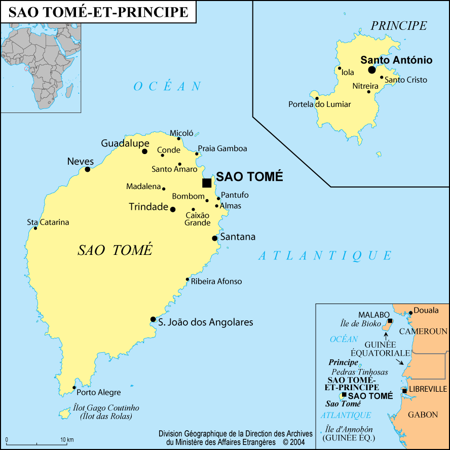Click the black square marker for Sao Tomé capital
207,183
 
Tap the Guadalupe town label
125,143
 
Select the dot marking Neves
87,169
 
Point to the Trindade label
148,207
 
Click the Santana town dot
215,238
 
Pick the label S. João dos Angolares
205,322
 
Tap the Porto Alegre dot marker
74,388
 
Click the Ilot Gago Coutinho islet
64,414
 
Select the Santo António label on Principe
396,60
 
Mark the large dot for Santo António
372,69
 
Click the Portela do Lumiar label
319,104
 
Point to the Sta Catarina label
48,222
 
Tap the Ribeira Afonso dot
188,279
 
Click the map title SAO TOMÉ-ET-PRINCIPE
99,12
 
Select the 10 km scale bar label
67,439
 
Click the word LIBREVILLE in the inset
428,389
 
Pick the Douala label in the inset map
426,310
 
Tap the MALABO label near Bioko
373,315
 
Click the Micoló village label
181,133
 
